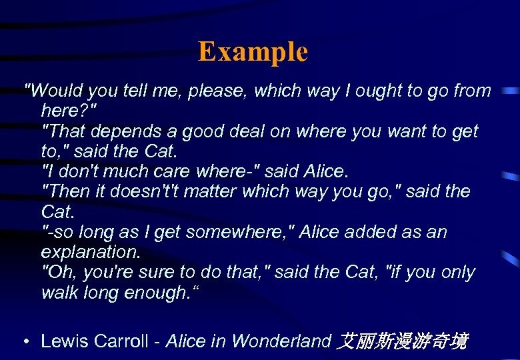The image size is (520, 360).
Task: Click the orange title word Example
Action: [253, 51]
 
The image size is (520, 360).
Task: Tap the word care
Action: [169, 171]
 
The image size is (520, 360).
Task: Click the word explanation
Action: [89, 253]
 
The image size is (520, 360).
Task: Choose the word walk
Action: [59, 293]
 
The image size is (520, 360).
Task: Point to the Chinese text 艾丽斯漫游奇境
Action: [403, 341]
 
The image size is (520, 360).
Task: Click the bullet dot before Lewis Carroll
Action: [25, 342]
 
